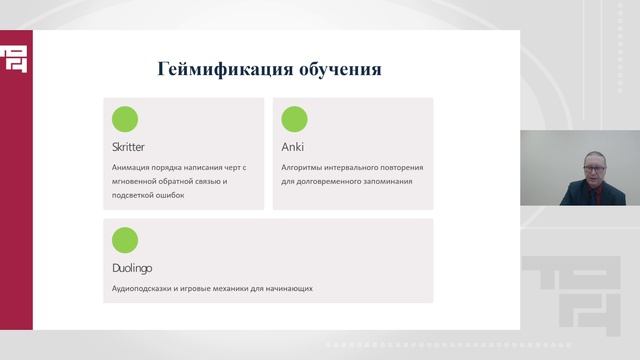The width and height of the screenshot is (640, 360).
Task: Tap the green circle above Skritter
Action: (x=125, y=120)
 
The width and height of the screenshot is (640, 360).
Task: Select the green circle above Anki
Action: (x=294, y=120)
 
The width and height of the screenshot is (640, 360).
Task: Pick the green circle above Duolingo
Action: (x=125, y=240)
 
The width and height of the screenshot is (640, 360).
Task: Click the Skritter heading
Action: (x=129, y=147)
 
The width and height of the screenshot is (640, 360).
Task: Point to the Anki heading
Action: (x=291, y=147)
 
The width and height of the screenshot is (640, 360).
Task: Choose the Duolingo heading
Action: (x=132, y=268)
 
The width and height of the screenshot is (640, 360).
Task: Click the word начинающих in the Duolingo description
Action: (x=290, y=288)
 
